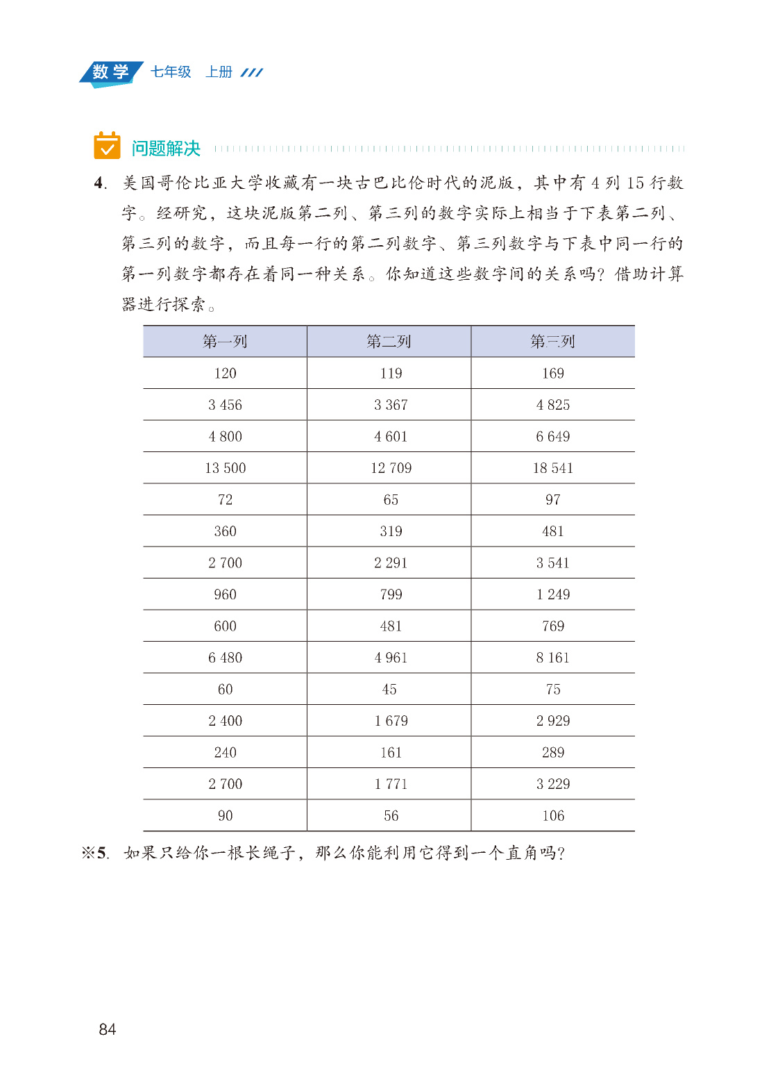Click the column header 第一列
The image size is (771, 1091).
click(x=225, y=341)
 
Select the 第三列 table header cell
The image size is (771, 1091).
click(x=552, y=341)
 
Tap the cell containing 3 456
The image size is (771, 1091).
click(x=225, y=405)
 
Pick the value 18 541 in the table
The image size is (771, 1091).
click(x=552, y=468)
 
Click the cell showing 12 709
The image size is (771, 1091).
click(x=391, y=468)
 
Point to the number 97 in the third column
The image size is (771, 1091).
click(x=552, y=499)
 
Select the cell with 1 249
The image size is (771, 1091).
click(x=552, y=594)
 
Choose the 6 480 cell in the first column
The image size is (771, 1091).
click(x=225, y=658)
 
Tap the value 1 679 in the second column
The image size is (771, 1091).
click(x=391, y=721)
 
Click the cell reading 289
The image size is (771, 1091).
click(x=552, y=752)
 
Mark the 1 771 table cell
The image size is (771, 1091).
click(x=391, y=784)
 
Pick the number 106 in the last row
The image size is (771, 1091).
click(x=552, y=815)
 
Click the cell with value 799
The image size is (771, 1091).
click(x=391, y=594)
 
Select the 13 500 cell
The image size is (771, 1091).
click(x=225, y=468)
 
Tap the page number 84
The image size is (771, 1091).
click(x=108, y=1029)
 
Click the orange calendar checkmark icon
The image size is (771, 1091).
click(x=107, y=146)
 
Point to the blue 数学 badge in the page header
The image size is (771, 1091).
click(x=111, y=72)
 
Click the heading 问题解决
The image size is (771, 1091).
click(x=166, y=148)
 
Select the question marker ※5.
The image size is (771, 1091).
click(x=94, y=853)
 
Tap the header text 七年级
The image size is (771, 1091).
click(x=171, y=72)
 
